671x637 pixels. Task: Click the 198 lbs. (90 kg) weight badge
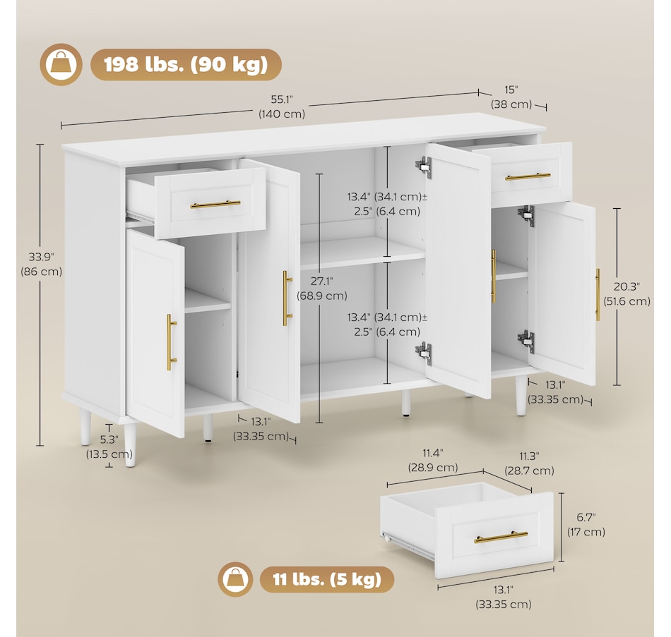(186, 65)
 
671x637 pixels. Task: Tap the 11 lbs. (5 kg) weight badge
(327, 579)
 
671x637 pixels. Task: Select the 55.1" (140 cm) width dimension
(282, 107)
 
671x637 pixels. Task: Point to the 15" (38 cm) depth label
(511, 97)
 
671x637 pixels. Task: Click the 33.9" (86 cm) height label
(42, 265)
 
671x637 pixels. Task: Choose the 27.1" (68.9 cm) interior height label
(322, 289)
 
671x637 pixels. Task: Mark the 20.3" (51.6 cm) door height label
(627, 294)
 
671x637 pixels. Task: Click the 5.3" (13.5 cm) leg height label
(109, 447)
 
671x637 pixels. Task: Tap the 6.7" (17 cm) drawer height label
(586, 525)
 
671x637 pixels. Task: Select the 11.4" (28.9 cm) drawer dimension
(433, 460)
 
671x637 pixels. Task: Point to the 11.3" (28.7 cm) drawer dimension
(529, 463)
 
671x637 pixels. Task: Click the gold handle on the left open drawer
(215, 205)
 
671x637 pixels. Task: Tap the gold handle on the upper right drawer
(528, 176)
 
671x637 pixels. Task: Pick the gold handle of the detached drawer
(501, 537)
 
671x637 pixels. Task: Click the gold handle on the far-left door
(171, 342)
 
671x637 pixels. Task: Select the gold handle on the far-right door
(598, 295)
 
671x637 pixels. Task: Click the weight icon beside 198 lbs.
(61, 65)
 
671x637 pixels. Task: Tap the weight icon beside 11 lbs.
(235, 579)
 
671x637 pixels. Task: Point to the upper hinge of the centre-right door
(424, 166)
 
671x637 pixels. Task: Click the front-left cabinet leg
(131, 444)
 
